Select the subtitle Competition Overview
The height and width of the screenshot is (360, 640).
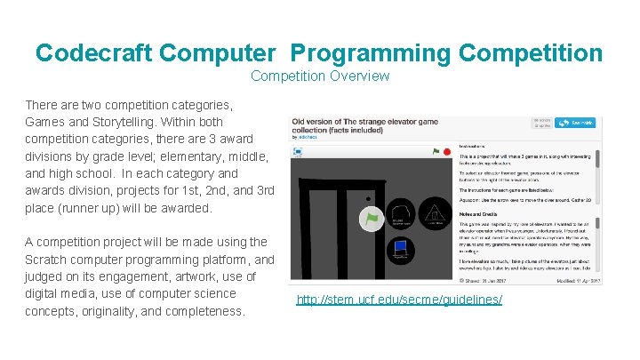320,76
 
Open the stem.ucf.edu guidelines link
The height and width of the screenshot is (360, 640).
399,300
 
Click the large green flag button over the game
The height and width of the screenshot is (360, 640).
371,218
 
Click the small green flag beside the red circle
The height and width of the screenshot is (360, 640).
436,152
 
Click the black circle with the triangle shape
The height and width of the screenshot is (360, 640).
435,214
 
